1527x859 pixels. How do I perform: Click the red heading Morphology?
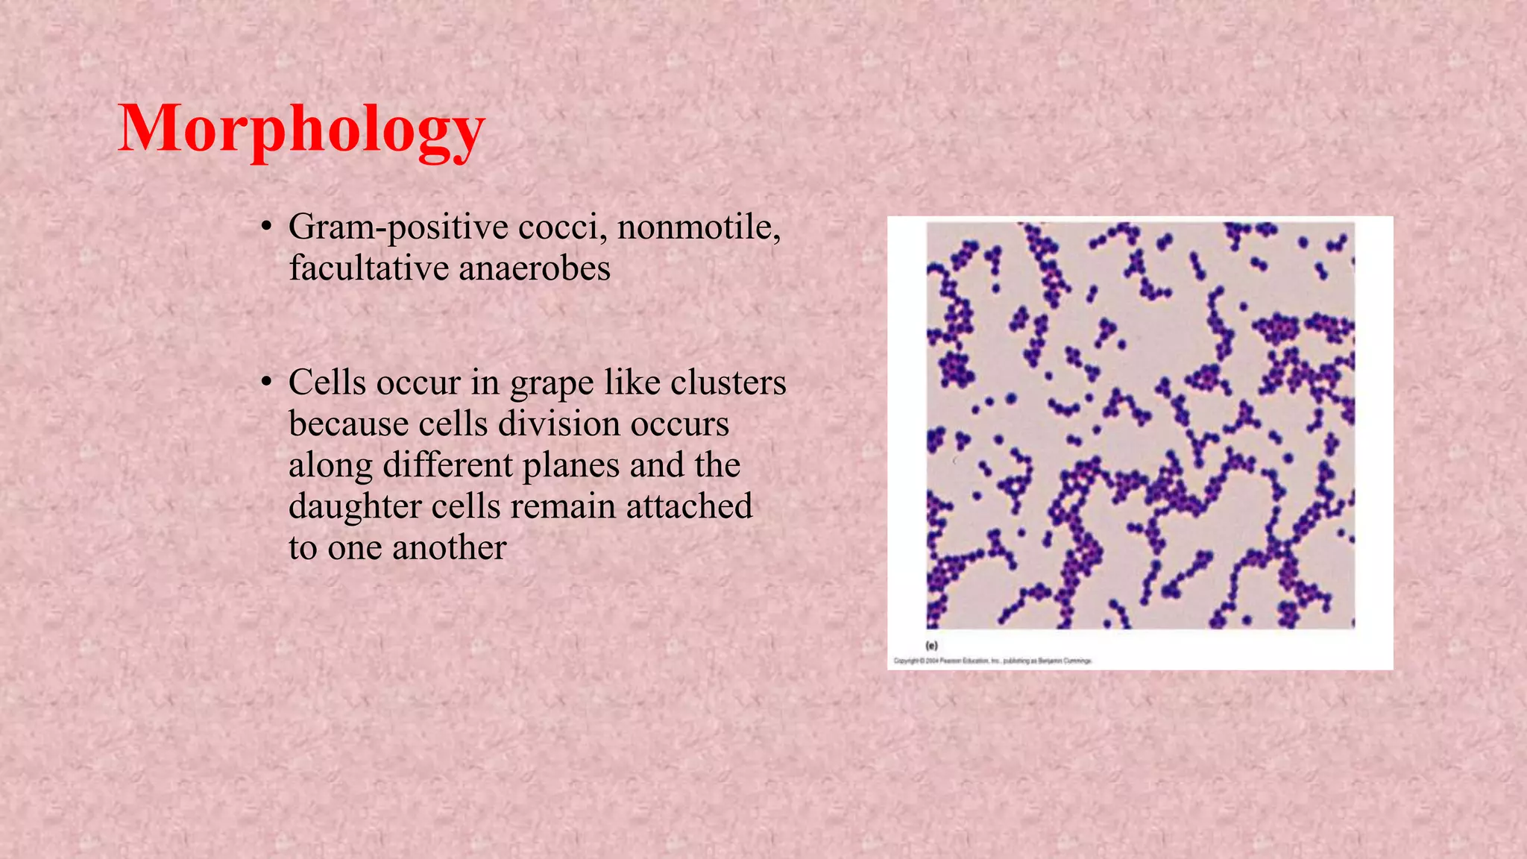(301, 130)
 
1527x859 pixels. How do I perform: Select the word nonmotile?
(699, 227)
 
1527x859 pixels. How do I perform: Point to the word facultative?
(368, 268)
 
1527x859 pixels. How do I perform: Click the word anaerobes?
(535, 268)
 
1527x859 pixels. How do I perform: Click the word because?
(348, 424)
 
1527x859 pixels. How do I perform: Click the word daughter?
(355, 507)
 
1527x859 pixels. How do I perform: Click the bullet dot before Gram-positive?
(265, 227)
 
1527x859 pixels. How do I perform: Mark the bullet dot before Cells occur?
(265, 383)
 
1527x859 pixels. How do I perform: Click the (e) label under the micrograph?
(931, 646)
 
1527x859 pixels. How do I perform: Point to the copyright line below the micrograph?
(993, 661)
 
